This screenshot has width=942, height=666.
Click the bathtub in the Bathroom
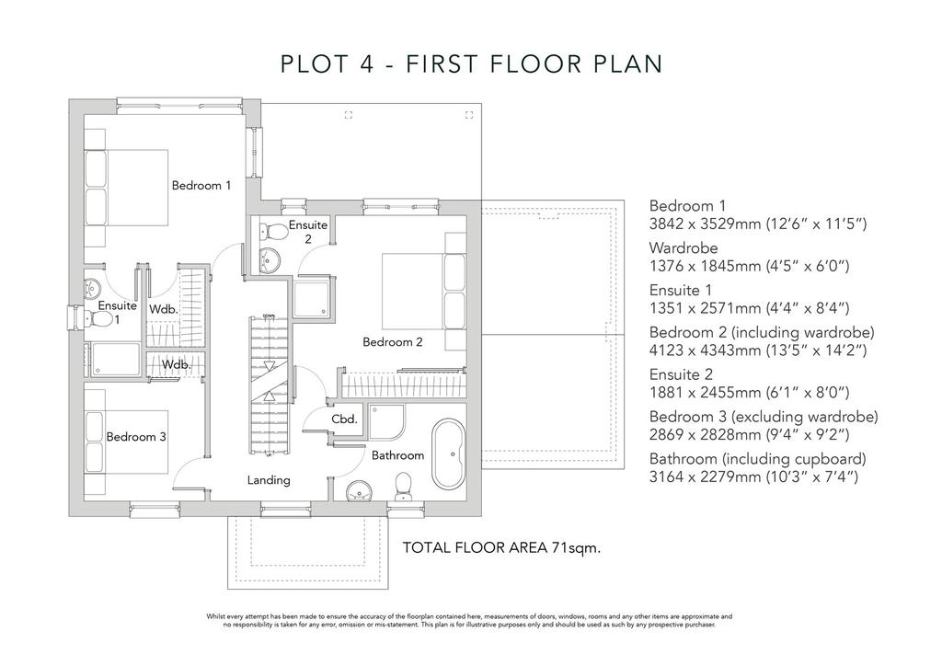448,454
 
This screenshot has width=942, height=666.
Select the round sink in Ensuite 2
270,260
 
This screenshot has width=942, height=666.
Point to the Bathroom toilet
403,487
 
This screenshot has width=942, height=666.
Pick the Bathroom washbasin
360,490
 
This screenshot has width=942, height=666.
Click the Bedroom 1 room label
201,186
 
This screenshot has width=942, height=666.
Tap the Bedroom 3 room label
136,437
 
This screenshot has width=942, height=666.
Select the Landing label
269,480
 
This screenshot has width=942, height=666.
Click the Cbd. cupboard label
344,419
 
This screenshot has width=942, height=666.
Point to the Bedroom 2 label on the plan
392,341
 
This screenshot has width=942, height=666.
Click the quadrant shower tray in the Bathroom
386,422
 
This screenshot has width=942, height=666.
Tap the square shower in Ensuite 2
311,298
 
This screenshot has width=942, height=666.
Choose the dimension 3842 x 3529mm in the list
706,224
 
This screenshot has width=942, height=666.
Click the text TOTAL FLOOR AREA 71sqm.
501,547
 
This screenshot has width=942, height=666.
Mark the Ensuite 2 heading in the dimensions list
681,374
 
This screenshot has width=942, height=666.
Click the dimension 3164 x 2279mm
706,477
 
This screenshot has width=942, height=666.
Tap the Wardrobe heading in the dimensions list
684,248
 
